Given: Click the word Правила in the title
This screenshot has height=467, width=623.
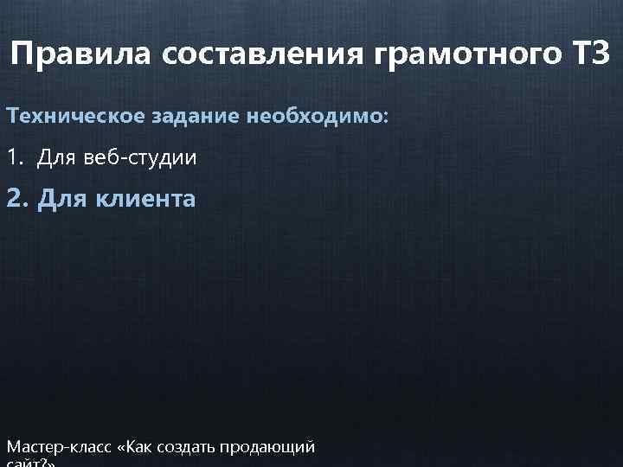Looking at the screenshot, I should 72,54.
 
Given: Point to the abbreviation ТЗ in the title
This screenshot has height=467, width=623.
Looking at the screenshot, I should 590,54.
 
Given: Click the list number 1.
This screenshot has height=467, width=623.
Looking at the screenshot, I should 13,158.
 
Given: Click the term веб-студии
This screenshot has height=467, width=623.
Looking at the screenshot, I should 142,159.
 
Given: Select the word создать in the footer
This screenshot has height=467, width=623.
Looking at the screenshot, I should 188,447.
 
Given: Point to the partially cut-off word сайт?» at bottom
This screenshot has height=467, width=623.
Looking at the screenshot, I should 30,463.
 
